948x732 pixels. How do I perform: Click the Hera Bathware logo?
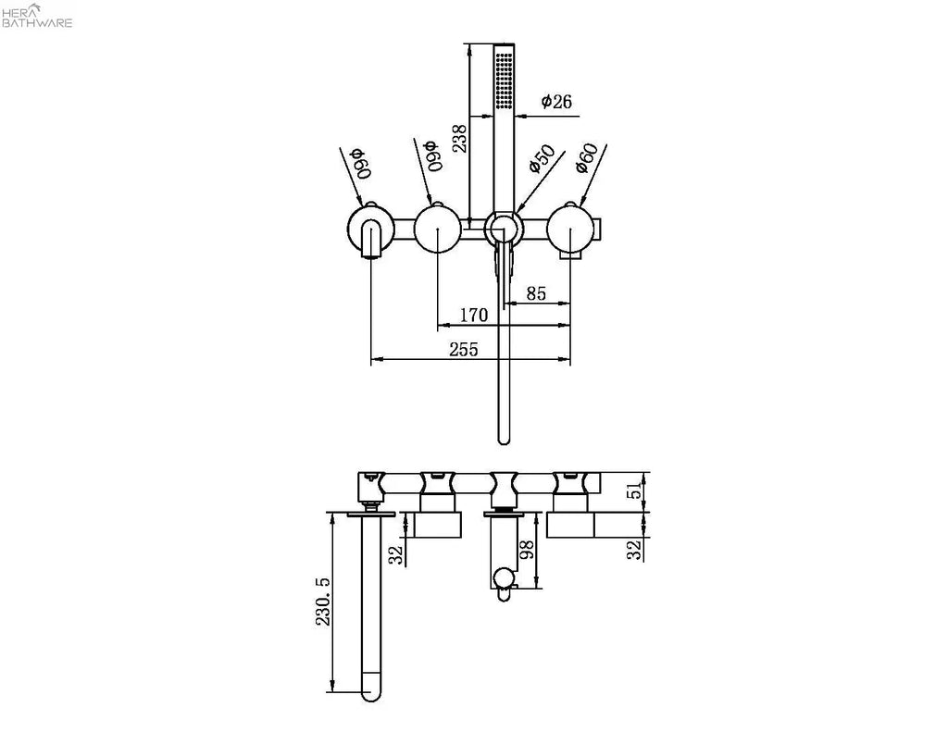click(x=37, y=16)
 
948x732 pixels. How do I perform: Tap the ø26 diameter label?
click(x=556, y=102)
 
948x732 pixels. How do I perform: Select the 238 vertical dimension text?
click(x=459, y=138)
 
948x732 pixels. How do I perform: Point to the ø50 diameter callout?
click(x=542, y=159)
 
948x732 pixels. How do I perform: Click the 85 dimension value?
click(x=536, y=293)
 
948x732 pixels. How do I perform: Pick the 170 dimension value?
click(x=473, y=315)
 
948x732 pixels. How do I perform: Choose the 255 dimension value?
click(x=464, y=350)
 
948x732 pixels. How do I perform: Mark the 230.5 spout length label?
click(x=323, y=602)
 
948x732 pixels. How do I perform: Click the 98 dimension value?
click(x=527, y=550)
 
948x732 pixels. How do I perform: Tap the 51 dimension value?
click(x=635, y=490)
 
